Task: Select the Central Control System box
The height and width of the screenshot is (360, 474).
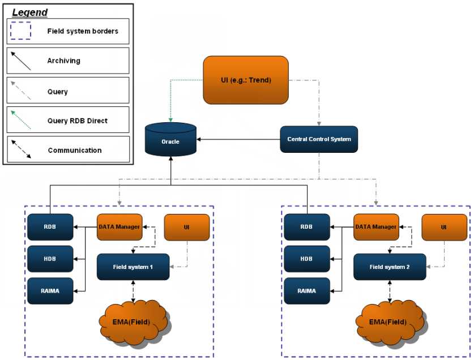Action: point(319,139)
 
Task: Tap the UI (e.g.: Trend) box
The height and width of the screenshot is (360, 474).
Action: point(246,80)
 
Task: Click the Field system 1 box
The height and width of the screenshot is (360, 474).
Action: point(133,267)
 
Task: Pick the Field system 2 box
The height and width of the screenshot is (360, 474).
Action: point(390,267)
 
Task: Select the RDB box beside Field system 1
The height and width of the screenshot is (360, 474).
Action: point(50,228)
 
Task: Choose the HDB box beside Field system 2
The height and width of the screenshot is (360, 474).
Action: point(306,259)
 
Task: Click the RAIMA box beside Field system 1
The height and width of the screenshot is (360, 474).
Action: point(50,291)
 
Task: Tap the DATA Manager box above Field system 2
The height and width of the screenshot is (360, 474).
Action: point(376,227)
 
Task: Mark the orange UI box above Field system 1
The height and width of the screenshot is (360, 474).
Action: point(186,227)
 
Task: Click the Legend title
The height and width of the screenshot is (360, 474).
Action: point(30,12)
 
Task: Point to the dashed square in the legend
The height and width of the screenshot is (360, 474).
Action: point(21,31)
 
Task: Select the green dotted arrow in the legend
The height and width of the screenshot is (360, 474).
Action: point(21,120)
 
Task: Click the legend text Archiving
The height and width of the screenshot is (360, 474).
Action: point(63,61)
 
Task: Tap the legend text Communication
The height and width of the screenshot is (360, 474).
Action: point(75,150)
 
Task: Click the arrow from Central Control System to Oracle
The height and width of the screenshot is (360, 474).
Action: point(238,139)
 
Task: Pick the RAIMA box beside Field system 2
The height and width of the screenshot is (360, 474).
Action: point(306,291)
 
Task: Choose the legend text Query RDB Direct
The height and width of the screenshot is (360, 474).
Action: point(78,120)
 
